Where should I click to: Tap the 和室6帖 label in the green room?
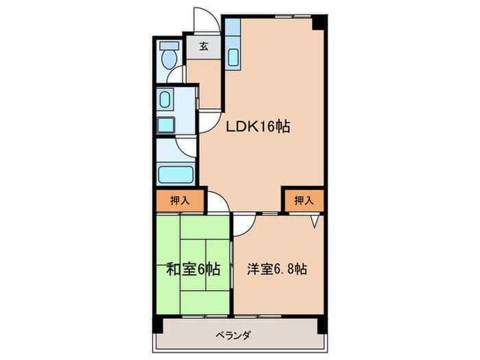(x=193, y=269)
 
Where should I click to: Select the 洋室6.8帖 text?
(x=276, y=269)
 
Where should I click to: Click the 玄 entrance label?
(x=204, y=47)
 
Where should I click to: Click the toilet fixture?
(x=167, y=56)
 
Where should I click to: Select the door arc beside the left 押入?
(x=218, y=202)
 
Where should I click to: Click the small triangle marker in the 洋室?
(x=314, y=221)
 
